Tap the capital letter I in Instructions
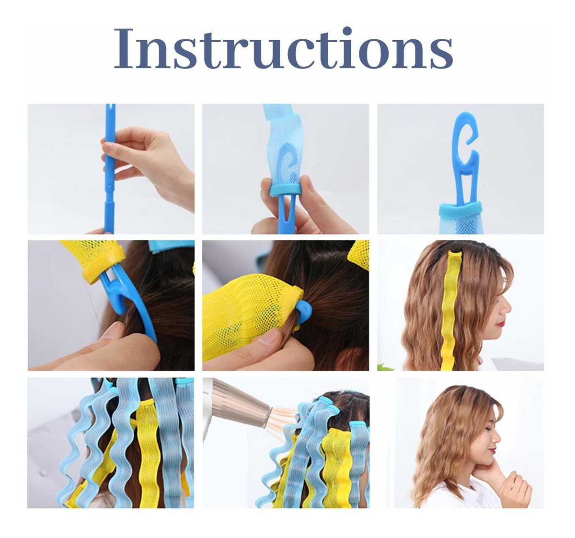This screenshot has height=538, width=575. pyautogui.click(x=125, y=48)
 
